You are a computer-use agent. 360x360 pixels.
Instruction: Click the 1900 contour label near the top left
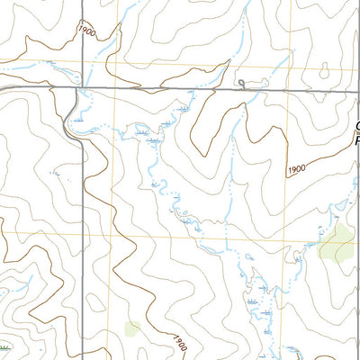pyautogui.click(x=85, y=31)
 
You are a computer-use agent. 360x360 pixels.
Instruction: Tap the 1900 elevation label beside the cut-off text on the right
pyautogui.click(x=299, y=169)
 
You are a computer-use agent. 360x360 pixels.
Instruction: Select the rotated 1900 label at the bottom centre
pyautogui.click(x=180, y=342)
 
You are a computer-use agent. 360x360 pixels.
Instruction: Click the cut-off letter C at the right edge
pyautogui.click(x=356, y=127)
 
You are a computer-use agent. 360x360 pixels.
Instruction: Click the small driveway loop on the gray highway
pyautogui.click(x=241, y=84)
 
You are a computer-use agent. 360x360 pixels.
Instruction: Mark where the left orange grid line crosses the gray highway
pyautogui.click(x=112, y=88)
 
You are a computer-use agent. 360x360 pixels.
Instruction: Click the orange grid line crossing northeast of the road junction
pyautogui.click(x=112, y=64)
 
